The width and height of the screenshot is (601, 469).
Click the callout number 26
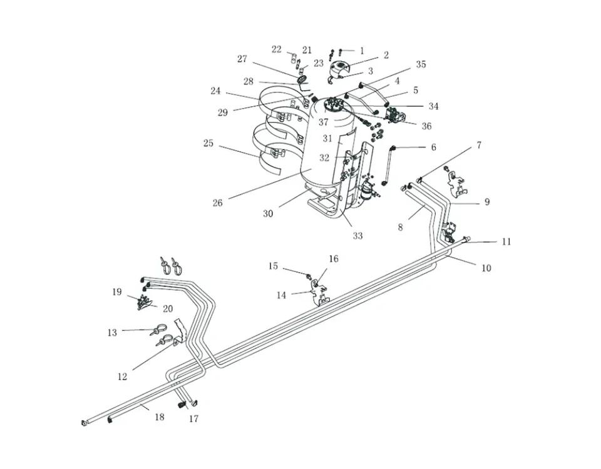point(217,203)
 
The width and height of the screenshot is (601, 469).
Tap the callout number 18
point(160,417)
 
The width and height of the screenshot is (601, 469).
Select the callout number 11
point(506,241)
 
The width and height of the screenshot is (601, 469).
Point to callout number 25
point(208,143)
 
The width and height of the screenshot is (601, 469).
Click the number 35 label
point(421,64)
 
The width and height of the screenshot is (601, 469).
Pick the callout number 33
point(357,236)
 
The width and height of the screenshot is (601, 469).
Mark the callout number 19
point(117,292)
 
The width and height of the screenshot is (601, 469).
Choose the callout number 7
point(479,145)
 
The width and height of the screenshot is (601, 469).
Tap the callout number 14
point(281,295)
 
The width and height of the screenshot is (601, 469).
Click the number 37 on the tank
point(323,122)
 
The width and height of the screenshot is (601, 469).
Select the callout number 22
point(277,49)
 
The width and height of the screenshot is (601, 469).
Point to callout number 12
point(122,376)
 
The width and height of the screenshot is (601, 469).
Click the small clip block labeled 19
point(146,303)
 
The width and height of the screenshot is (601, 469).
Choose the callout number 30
point(268,214)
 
